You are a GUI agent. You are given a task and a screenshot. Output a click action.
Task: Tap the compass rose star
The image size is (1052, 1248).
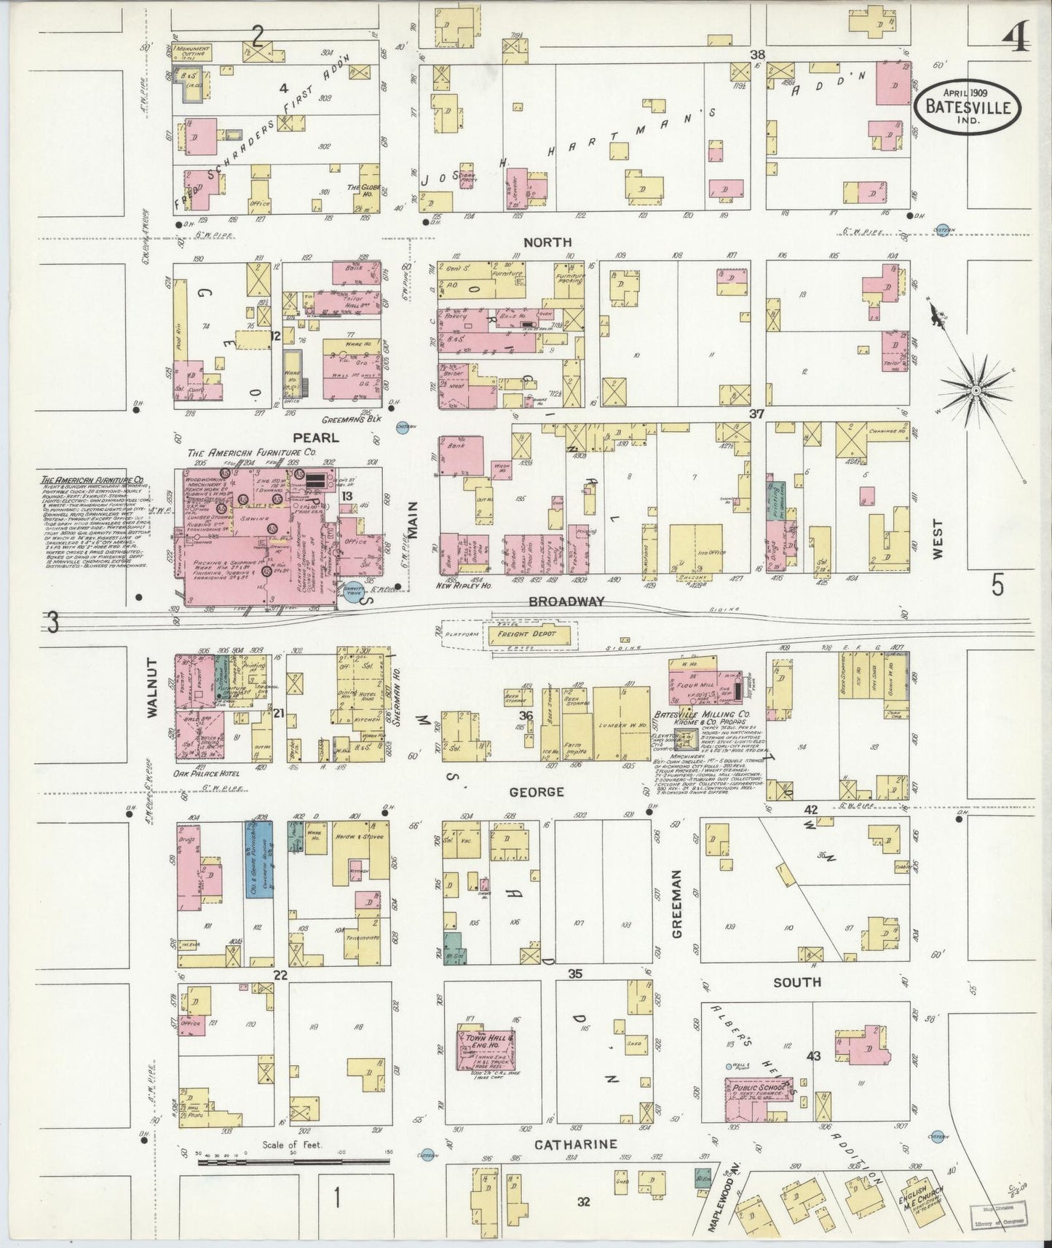[x=975, y=391]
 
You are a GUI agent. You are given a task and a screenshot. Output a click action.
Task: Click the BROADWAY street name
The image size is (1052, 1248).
[x=566, y=601]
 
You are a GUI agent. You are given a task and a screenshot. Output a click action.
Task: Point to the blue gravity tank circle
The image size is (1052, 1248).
[x=353, y=596]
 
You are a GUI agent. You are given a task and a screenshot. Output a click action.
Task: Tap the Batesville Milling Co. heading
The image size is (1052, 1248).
[x=696, y=714]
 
